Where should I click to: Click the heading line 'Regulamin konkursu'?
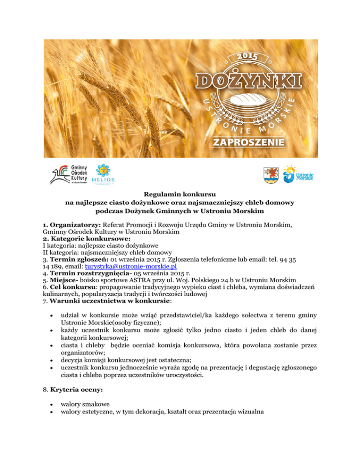180,194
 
